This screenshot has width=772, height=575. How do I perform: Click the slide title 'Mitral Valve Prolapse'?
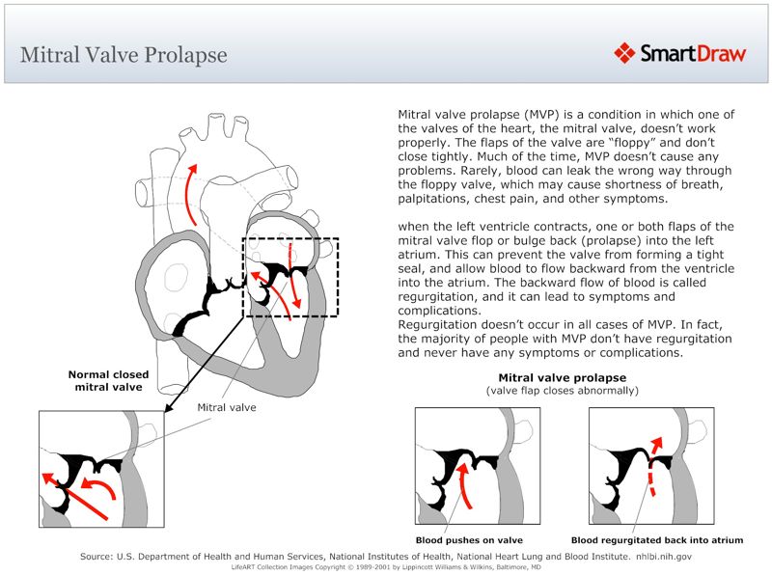(124, 54)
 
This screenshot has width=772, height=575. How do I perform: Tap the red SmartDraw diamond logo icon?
(625, 52)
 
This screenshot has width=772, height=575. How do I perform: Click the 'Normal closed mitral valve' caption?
(106, 380)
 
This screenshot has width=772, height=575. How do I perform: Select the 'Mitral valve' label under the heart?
(227, 407)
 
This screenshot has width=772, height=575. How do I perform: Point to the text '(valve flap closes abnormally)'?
(562, 391)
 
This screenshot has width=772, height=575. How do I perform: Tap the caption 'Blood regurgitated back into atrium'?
(657, 540)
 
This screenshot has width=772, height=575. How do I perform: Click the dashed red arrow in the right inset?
(654, 469)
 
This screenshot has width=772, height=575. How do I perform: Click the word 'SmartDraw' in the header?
(693, 53)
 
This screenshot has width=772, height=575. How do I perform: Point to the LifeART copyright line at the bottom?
(385, 567)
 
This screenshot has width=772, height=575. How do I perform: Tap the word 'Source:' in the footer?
(102, 557)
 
